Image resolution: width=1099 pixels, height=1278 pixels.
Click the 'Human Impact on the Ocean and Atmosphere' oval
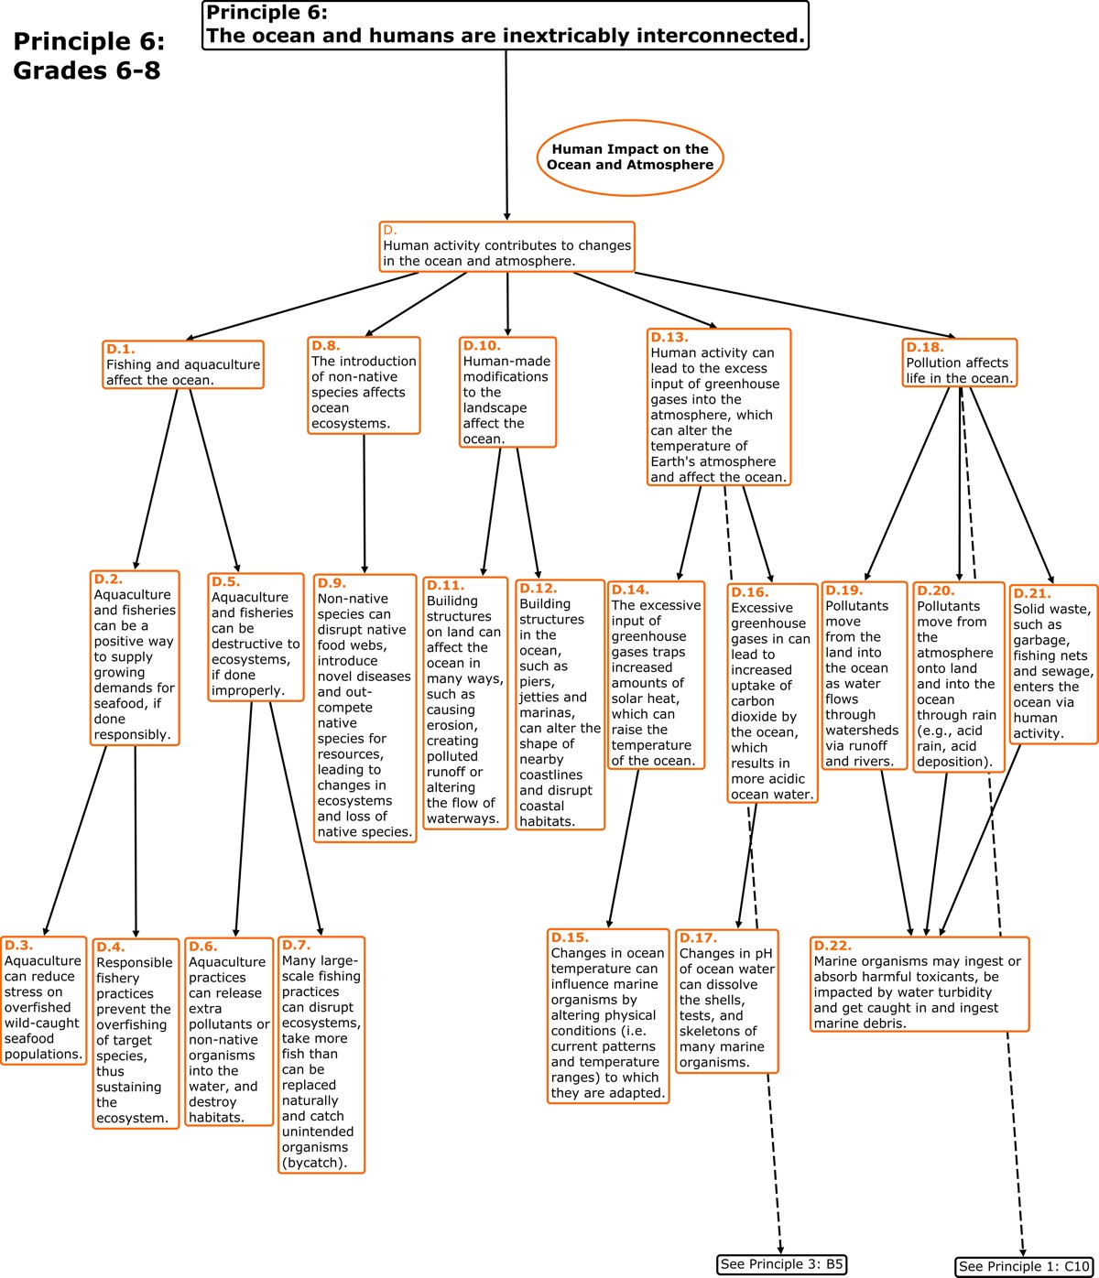point(630,157)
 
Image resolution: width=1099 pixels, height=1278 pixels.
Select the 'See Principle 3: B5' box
point(781,1264)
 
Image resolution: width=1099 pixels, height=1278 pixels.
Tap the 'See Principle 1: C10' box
point(1023,1267)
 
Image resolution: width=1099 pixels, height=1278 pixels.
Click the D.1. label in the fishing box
point(120,349)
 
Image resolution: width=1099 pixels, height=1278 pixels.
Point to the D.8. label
point(325,345)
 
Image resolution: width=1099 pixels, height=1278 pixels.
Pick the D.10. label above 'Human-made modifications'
point(482,345)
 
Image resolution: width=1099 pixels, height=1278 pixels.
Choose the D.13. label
point(669,337)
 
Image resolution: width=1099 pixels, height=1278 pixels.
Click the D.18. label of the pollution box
point(925,347)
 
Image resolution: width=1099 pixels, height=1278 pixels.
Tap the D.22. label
point(832,946)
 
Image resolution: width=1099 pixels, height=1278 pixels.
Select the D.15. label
point(570,937)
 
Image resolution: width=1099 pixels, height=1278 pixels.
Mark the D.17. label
point(698,937)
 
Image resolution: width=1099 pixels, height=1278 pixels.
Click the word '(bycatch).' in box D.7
point(314,1163)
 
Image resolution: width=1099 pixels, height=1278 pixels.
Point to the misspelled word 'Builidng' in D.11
point(452,601)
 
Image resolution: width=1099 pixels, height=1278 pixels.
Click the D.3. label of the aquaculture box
point(18,945)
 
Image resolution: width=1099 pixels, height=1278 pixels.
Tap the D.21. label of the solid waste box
point(1032,593)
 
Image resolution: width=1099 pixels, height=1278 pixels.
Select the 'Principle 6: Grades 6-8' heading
point(89,55)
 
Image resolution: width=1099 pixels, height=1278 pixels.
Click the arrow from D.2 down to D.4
point(136,842)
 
